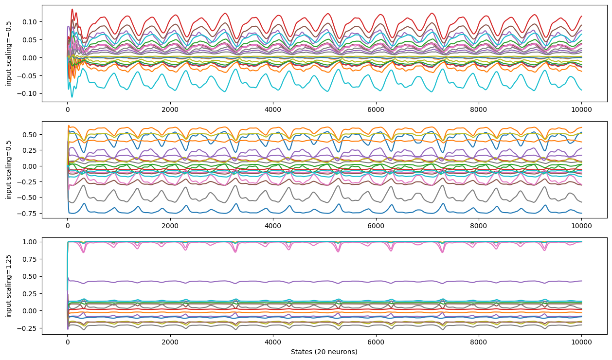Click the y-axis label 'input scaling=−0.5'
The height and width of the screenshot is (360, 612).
pyautogui.click(x=8, y=54)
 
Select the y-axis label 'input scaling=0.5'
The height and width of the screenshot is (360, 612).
pyautogui.click(x=8, y=170)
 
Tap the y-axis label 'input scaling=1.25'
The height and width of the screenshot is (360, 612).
pyautogui.click(x=8, y=286)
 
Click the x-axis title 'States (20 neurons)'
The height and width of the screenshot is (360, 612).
pyautogui.click(x=324, y=352)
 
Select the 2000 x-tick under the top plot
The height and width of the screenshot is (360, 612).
pyautogui.click(x=170, y=110)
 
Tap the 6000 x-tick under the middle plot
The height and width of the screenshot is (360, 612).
pyautogui.click(x=376, y=226)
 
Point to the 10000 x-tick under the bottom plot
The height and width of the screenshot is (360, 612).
pyautogui.click(x=581, y=342)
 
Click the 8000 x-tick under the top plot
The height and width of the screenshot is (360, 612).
pyautogui.click(x=479, y=110)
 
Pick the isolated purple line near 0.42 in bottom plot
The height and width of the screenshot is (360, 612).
pyautogui.click(x=324, y=282)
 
